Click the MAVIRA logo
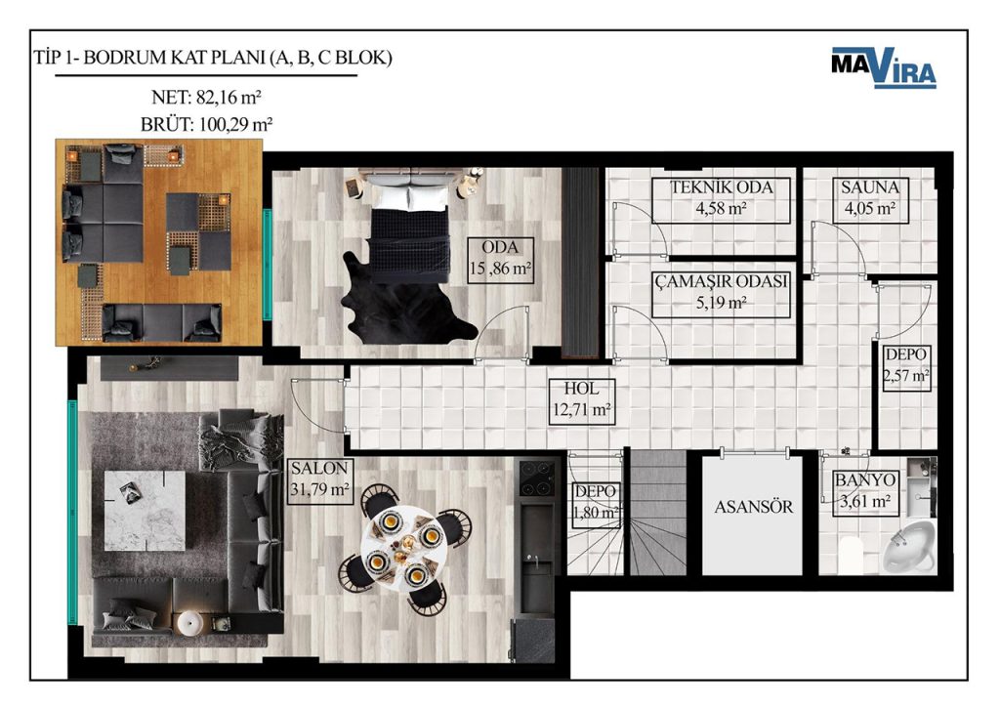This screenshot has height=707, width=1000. point(883,66)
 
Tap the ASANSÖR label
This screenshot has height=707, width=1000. point(753,507)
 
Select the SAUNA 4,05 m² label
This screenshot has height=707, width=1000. point(870,198)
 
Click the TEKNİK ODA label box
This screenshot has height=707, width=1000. point(721,199)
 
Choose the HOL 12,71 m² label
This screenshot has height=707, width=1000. point(581,401)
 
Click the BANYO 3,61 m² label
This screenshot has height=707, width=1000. point(865,492)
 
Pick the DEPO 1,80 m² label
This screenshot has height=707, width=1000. point(596,503)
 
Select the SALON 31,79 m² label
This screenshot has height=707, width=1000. point(319,480)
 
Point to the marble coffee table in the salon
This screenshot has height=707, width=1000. point(145,510)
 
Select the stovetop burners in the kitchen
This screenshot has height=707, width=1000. point(536,478)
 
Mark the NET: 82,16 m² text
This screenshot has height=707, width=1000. point(206,98)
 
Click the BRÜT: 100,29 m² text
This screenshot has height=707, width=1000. point(207,124)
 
